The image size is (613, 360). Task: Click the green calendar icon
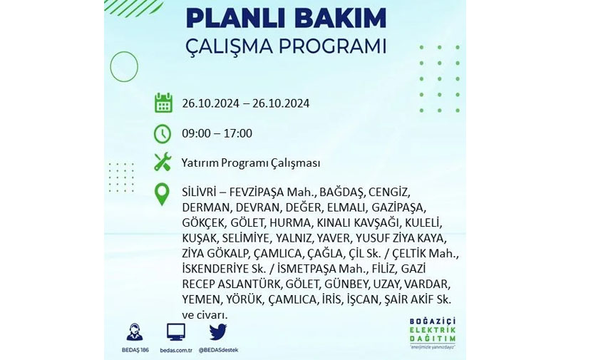[x=163, y=103]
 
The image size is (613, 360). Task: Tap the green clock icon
[x=163, y=134]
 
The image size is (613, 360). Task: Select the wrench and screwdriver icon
[x=163, y=162]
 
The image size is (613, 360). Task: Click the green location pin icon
[x=162, y=195]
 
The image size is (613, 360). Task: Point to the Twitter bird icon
[x=217, y=332]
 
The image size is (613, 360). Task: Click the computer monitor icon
[x=176, y=332]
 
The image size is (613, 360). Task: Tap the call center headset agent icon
[x=135, y=332]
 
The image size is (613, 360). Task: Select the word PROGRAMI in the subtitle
[x=332, y=46]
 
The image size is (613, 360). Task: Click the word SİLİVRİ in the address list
[x=200, y=192]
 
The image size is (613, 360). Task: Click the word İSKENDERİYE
[x=215, y=269]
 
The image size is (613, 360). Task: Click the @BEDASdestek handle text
[x=218, y=350]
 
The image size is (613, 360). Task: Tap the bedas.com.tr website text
[x=176, y=350]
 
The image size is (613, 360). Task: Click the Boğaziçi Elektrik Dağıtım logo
[x=433, y=333]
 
